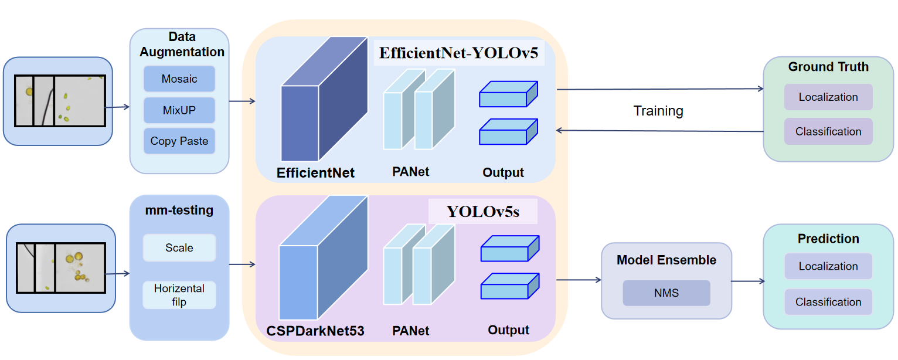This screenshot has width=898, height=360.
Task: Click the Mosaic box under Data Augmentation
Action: [x=179, y=79]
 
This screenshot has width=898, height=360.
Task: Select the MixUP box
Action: [x=179, y=110]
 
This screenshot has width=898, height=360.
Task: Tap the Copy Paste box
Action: [x=179, y=141]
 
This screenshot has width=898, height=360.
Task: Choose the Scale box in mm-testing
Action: [x=179, y=248]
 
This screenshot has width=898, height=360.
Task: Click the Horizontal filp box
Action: [x=179, y=296]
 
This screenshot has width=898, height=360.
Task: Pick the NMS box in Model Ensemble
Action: [x=666, y=293]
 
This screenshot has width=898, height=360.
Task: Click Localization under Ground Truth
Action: [x=828, y=97]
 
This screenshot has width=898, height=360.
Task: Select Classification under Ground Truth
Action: [x=828, y=132]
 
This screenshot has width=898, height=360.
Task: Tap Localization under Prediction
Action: [x=828, y=266]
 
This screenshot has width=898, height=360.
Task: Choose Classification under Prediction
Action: [x=828, y=302]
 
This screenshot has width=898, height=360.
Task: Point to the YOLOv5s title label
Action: [x=483, y=212]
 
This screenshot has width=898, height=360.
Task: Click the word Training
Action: [x=658, y=111]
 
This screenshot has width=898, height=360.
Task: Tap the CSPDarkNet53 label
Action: [x=315, y=331]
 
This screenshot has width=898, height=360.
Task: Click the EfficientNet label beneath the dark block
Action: [x=316, y=173]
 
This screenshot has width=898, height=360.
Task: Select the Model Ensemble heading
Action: [x=666, y=260]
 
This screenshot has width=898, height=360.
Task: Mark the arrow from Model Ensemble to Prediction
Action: [x=747, y=281]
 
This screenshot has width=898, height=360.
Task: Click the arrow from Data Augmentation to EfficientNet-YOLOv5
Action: [x=242, y=101]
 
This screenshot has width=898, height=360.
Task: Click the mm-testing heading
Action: [x=179, y=210]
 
